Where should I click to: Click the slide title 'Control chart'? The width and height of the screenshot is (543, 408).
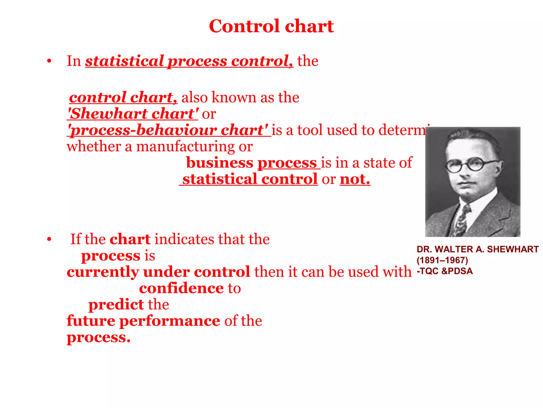[x=271, y=26]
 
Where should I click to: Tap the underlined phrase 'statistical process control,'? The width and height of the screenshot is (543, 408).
[x=189, y=61]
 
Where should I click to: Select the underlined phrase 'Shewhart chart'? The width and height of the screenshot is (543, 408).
[x=133, y=114]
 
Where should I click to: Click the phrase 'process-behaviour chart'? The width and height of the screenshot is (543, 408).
[x=169, y=130]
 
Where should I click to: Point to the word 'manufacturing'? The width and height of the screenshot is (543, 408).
[x=185, y=147]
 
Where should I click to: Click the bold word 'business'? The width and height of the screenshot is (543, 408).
[x=220, y=163]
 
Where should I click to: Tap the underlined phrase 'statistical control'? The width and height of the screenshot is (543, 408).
[x=250, y=179]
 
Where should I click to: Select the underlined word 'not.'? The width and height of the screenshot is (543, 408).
[x=355, y=179]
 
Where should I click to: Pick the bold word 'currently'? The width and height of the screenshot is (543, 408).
[x=103, y=272]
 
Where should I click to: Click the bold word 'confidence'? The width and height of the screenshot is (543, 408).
[x=181, y=288]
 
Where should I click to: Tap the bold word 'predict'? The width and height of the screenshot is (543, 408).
[x=116, y=305]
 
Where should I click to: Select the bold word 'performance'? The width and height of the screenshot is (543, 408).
[x=170, y=321]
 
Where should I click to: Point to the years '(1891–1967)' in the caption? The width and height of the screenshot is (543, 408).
[x=442, y=260]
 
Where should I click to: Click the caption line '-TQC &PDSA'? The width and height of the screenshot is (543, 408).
[x=445, y=271]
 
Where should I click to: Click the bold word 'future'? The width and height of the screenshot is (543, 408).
[x=91, y=321]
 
